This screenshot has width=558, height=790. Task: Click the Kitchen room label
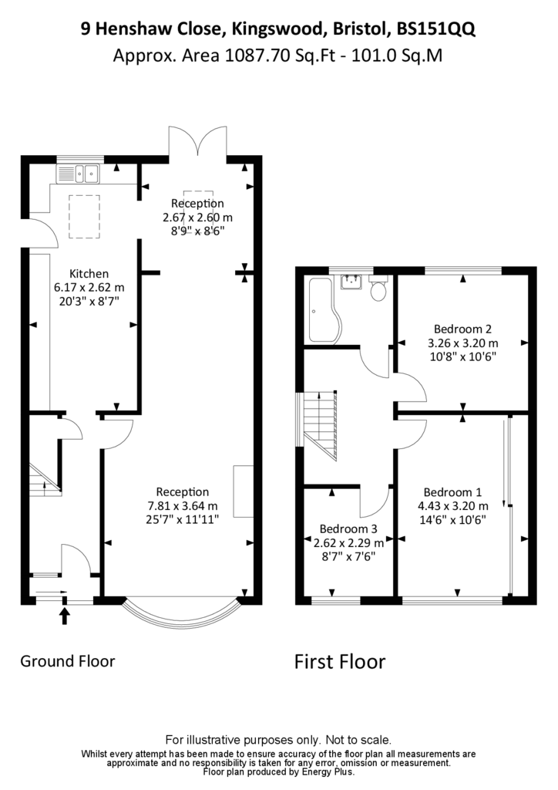coord(89,274)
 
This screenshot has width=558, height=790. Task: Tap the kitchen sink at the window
coord(79,174)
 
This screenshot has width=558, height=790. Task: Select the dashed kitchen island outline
coord(84,217)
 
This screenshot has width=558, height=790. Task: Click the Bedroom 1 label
coord(452,492)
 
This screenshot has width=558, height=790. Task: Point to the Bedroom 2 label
coord(462,329)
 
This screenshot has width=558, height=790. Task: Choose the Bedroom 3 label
coord(348,529)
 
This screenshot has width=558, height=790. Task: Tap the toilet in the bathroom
coord(378,288)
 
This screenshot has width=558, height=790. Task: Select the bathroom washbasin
coord(351,282)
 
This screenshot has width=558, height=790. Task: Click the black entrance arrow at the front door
coord(65,616)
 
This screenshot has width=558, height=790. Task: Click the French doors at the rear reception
coord(198,140)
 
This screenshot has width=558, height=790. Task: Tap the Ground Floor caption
coord(67,661)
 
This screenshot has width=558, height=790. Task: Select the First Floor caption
coord(340,661)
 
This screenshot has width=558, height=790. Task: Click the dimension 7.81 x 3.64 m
coord(182,505)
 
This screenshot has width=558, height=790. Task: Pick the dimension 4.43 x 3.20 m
coord(453,506)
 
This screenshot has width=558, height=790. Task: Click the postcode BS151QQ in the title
coord(435,29)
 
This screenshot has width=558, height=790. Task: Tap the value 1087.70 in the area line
coord(257,55)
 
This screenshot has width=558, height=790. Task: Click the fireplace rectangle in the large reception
coord(243,491)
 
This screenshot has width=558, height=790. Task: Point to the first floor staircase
coord(320,425)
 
